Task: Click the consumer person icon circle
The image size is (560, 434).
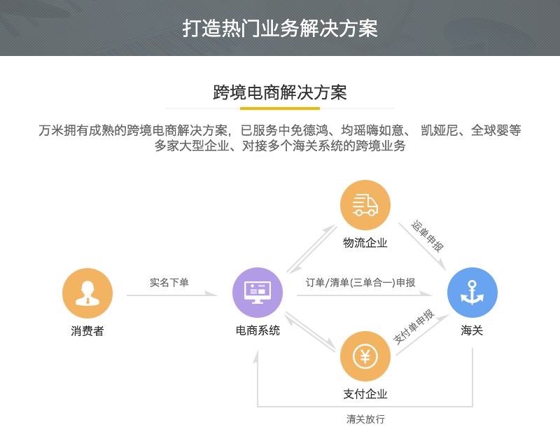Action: click(87, 293)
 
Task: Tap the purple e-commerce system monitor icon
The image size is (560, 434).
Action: click(258, 293)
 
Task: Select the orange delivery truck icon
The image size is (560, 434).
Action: click(365, 205)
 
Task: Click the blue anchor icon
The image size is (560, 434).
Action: click(472, 293)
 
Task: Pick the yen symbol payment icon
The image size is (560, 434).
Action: click(365, 356)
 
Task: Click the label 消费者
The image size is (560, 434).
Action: click(87, 331)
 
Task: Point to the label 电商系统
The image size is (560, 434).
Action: click(258, 330)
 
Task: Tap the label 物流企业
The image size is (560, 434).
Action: click(365, 243)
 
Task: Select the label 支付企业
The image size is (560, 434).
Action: click(365, 394)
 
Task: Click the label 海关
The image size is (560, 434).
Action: click(472, 330)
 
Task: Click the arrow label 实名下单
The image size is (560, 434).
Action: click(169, 283)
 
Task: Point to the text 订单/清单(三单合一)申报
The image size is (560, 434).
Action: click(360, 283)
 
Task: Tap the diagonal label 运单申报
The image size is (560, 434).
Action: click(427, 236)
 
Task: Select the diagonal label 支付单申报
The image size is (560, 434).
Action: click(414, 326)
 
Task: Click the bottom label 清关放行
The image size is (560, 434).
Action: click(365, 419)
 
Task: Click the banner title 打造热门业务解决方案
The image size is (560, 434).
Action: click(280, 28)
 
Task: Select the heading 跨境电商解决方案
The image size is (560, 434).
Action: click(280, 92)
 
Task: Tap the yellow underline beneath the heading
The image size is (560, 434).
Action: click(279, 108)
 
